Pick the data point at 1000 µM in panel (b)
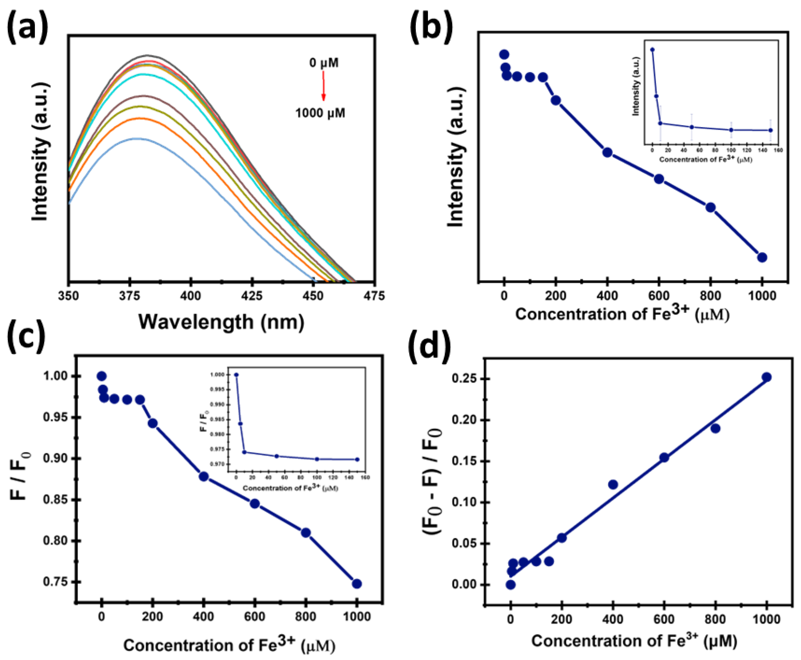(762, 257)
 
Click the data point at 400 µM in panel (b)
(607, 152)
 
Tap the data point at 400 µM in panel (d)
(613, 484)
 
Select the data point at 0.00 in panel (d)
(511, 584)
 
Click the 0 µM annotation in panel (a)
(324, 63)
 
